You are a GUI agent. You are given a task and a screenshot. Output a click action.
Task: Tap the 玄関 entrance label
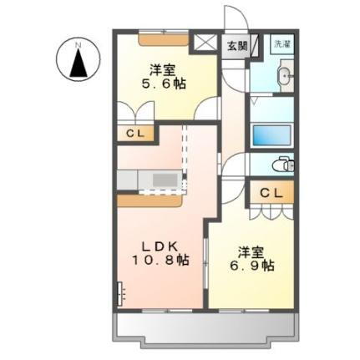pos(236,46)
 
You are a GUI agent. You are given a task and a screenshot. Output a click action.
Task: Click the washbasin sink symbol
pos(284,79)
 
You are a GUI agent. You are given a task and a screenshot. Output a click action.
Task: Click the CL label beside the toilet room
pos(271,194)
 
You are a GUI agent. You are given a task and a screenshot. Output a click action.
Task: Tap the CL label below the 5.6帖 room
pos(134,133)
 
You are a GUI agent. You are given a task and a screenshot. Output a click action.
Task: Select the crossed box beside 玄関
pos(204,45)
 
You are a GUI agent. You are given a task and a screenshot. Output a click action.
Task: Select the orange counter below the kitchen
pos(150,200)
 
